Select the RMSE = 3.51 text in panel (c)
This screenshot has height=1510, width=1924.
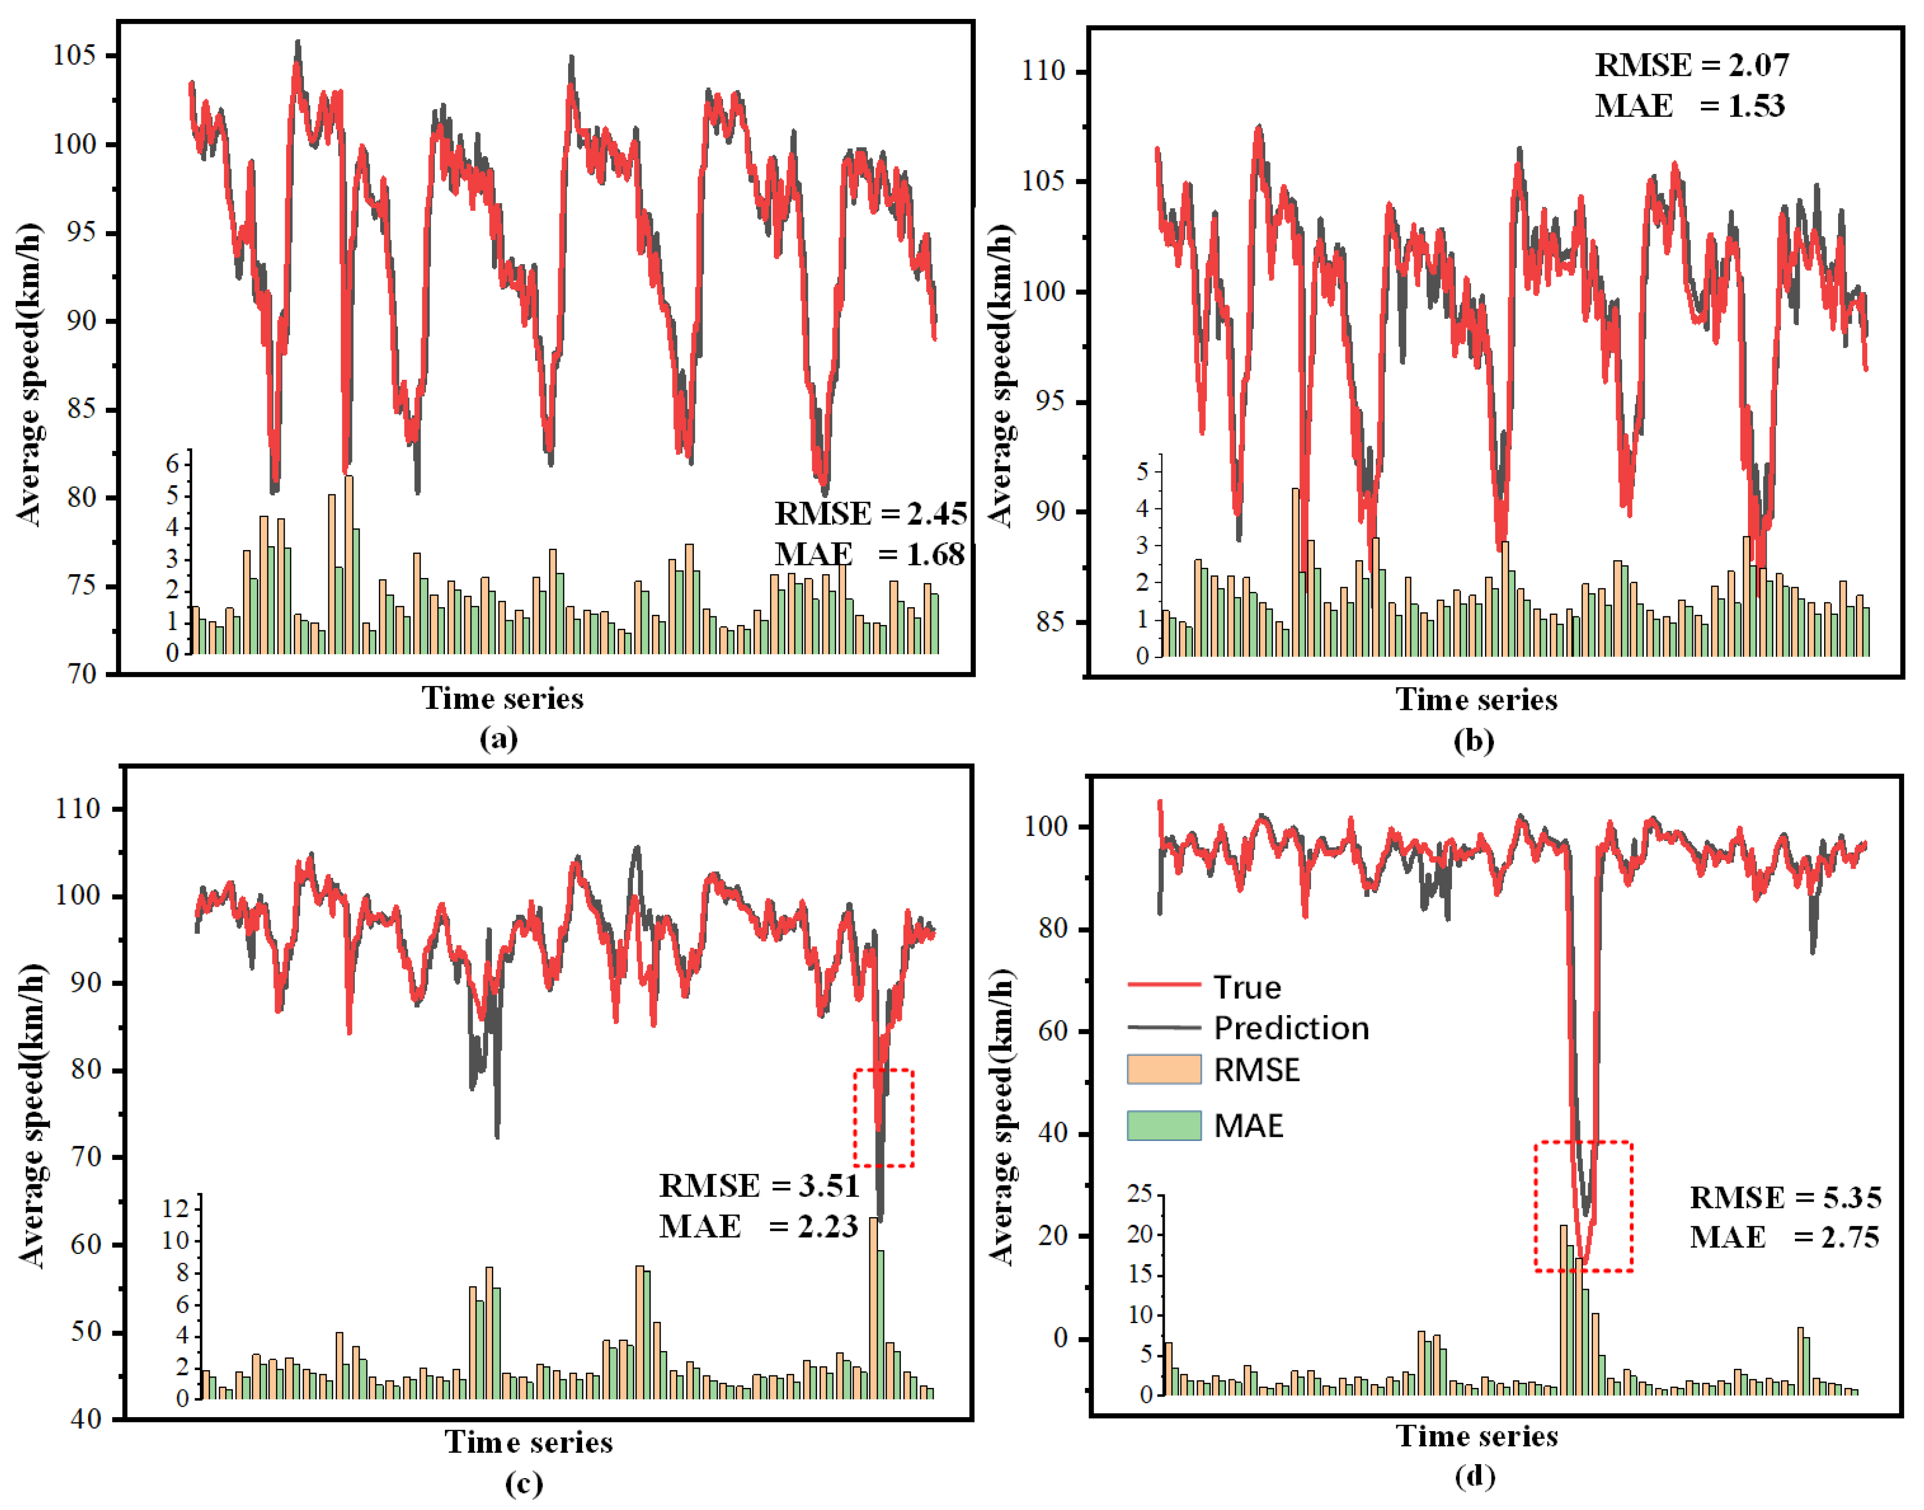tap(758, 1185)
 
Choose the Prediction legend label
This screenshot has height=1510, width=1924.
tap(1291, 1028)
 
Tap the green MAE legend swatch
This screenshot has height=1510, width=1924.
tap(1163, 1125)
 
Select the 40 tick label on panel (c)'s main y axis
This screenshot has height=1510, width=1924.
tap(86, 1419)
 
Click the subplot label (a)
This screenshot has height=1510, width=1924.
tap(498, 738)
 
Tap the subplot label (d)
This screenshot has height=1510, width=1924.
tap(1474, 1477)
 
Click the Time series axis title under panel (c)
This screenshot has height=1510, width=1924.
tap(529, 1443)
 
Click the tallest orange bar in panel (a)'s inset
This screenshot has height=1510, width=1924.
tap(349, 566)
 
